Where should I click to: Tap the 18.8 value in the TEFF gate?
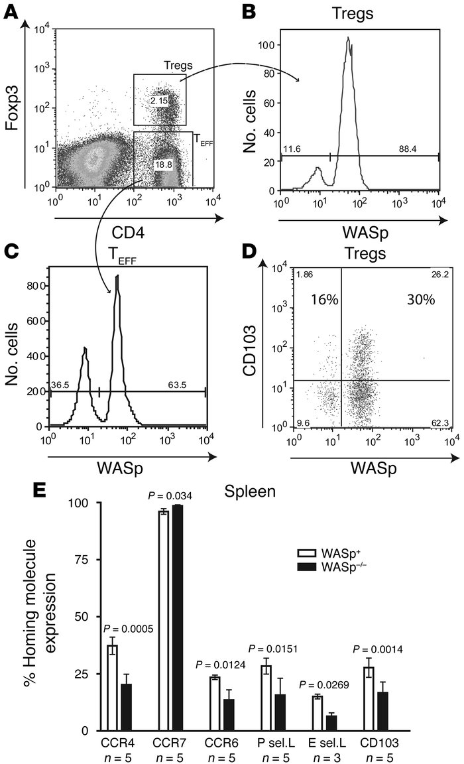click(x=162, y=163)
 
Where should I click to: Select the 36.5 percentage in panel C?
click(x=60, y=385)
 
